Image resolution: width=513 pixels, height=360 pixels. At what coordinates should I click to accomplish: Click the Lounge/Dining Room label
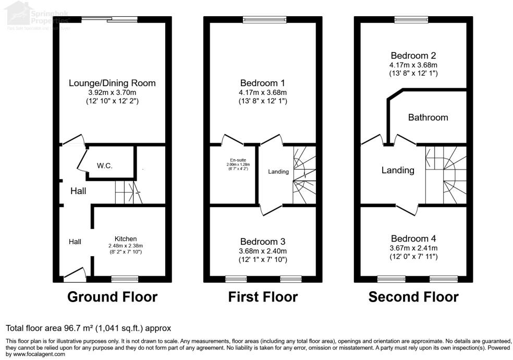tap(112, 83)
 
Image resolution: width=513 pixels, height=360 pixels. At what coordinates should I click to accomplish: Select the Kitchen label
tap(126, 238)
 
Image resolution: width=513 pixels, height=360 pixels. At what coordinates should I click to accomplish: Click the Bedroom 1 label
tap(262, 83)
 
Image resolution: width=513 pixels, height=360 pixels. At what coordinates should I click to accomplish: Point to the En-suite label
tap(233, 160)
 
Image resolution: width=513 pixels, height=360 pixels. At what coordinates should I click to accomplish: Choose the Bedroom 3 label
tap(262, 242)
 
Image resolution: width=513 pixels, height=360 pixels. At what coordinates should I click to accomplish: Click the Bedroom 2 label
tap(413, 56)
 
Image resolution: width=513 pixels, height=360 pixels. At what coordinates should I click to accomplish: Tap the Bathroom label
tap(427, 117)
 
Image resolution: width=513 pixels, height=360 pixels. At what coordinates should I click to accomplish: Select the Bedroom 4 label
tap(413, 238)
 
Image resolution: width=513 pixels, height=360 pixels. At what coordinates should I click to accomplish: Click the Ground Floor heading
tap(112, 297)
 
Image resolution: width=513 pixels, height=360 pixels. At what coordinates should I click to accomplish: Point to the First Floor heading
tap(263, 297)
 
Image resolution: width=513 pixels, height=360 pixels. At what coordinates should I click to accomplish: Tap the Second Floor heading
tap(413, 297)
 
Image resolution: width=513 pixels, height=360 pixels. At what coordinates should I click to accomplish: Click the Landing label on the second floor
tap(398, 170)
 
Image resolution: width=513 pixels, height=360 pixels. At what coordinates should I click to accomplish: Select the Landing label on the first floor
tap(278, 172)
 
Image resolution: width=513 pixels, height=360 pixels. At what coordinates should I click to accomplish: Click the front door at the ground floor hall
tap(74, 275)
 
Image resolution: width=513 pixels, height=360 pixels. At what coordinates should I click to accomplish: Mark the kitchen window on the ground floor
tap(125, 279)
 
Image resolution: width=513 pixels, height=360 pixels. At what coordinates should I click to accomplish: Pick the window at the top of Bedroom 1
tap(264, 20)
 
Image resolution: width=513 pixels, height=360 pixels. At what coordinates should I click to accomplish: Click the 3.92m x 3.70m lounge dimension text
tap(112, 92)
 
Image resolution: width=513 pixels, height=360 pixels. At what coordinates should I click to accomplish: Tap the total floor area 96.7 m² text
tap(88, 328)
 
